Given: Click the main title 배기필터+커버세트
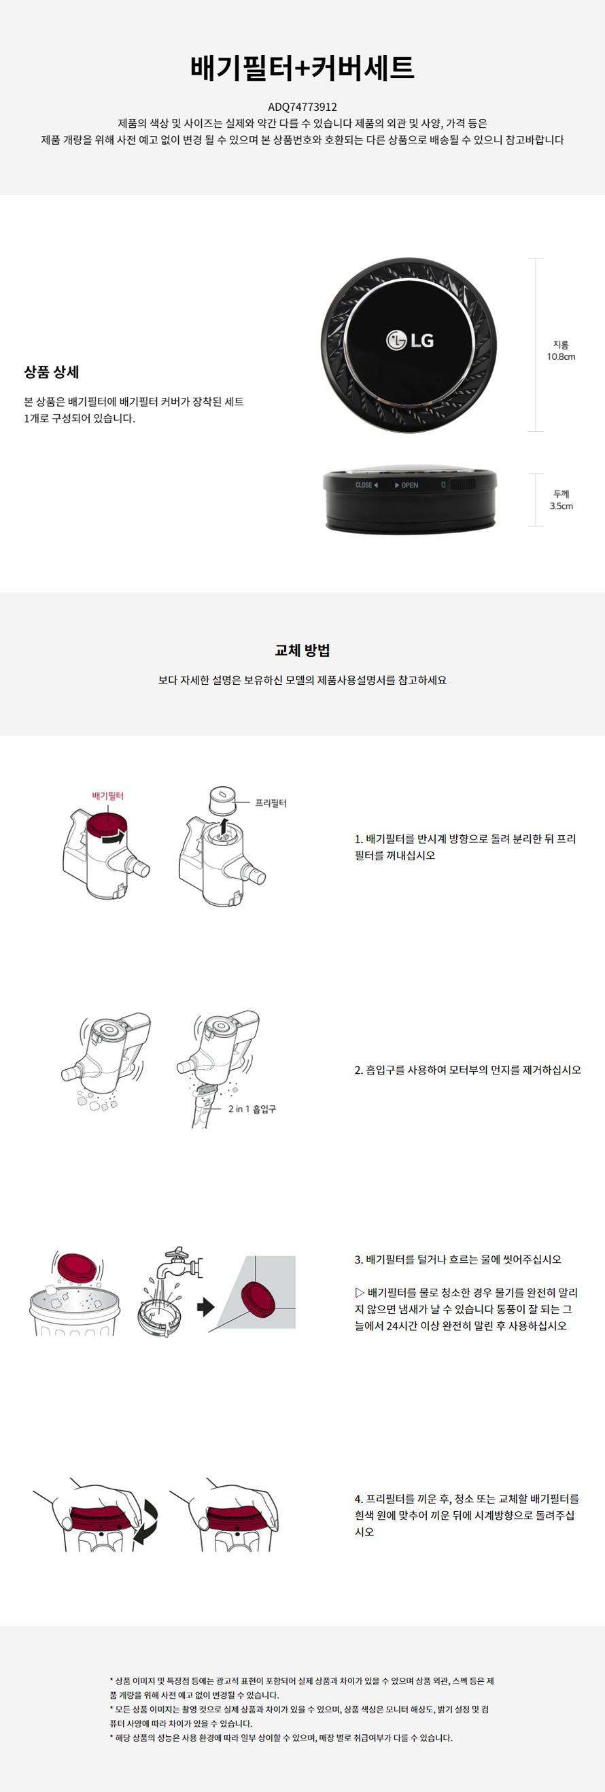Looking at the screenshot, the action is [x=302, y=68].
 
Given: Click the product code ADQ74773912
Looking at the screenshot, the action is [x=302, y=107].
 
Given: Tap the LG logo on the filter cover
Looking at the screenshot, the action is [x=410, y=340].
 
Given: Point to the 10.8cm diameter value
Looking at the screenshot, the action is [x=561, y=357].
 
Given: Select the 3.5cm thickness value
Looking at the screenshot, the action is [x=561, y=506].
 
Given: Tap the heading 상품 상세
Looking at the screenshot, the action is [x=52, y=372].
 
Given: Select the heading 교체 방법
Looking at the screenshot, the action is [x=302, y=650].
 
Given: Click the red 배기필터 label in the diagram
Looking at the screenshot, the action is [x=108, y=796].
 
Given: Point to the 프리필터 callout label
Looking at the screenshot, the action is [x=271, y=802].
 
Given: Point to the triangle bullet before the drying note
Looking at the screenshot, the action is [x=360, y=1293].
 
